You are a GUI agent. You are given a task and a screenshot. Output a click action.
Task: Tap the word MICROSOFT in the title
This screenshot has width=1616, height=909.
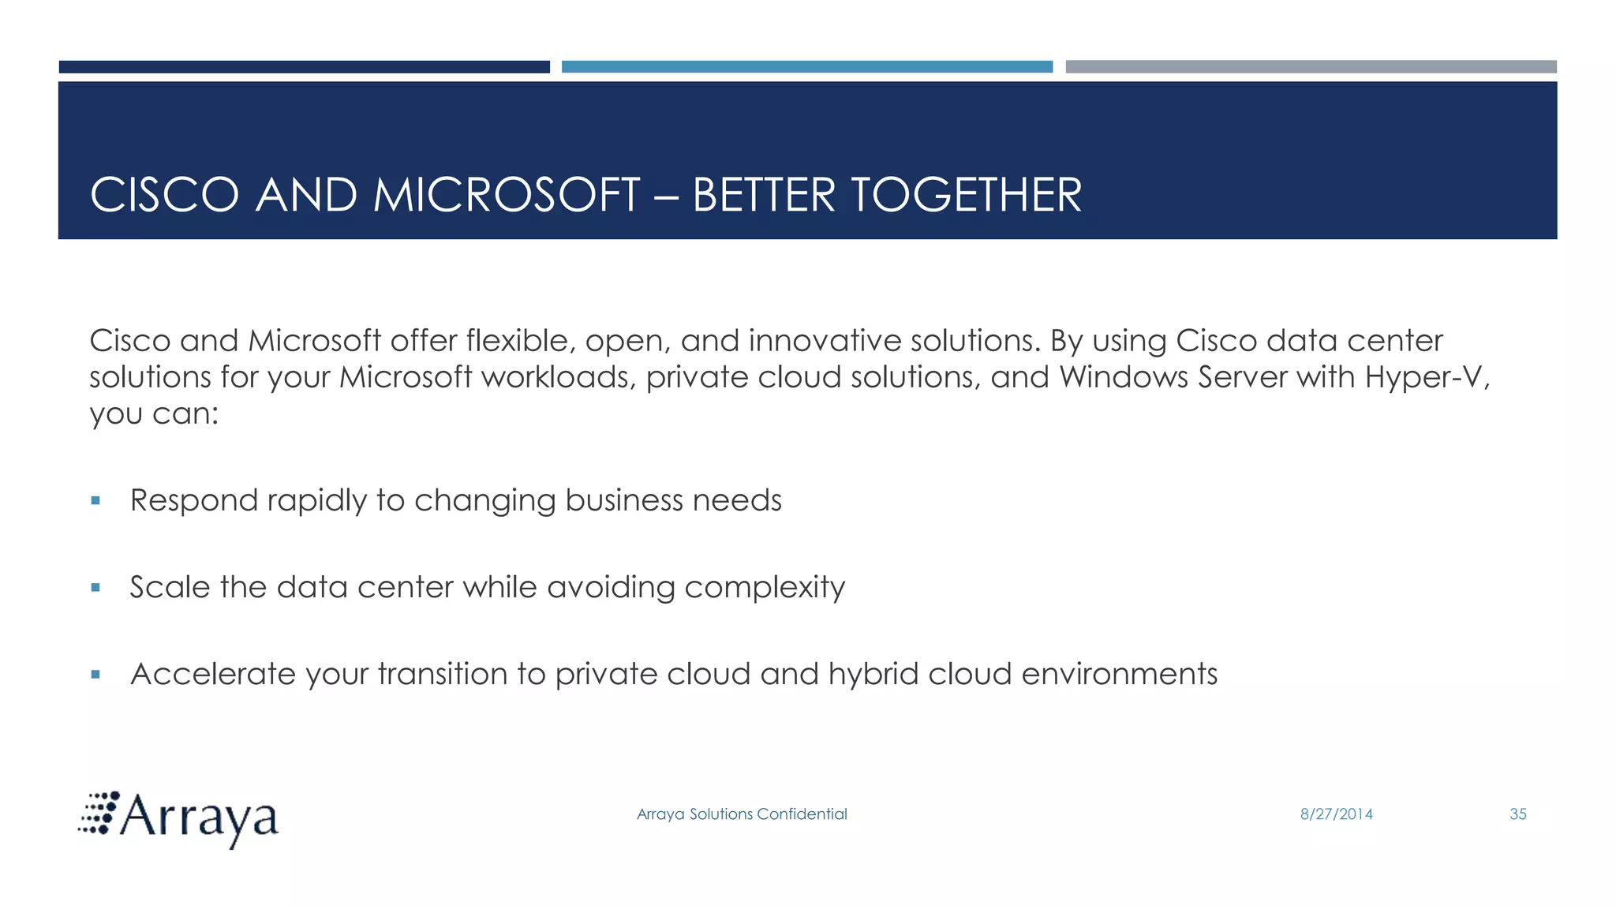point(506,195)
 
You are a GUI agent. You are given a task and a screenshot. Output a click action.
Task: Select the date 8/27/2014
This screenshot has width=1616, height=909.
point(1336,814)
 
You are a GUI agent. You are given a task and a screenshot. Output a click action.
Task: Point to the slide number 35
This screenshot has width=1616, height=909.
point(1517,814)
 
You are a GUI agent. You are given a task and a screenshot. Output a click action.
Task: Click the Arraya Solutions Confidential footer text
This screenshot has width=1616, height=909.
point(742,814)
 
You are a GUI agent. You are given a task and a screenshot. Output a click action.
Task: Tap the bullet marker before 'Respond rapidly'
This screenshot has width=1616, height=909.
point(95,500)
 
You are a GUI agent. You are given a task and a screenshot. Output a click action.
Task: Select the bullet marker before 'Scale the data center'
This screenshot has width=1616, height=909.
point(95,587)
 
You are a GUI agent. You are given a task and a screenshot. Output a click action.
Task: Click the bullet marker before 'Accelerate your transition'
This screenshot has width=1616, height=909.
point(95,674)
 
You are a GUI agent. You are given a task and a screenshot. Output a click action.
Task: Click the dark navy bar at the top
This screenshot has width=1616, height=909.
point(304,67)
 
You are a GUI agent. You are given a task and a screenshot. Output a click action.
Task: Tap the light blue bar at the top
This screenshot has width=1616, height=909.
point(806,67)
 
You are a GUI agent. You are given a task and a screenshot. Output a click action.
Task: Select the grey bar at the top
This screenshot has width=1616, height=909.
point(1311,67)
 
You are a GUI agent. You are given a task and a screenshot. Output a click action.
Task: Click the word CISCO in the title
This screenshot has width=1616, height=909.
point(164,195)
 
